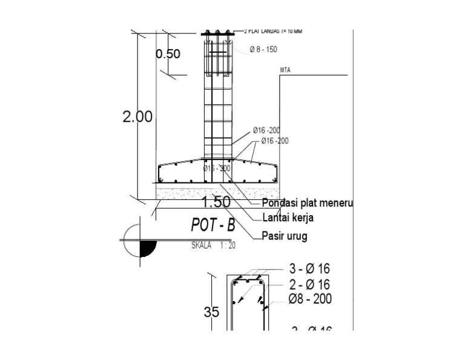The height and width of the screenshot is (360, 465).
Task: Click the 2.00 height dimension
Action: point(137,117)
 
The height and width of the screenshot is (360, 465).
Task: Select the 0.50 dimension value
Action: point(168,54)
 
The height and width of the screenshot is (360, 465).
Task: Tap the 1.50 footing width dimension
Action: point(217,202)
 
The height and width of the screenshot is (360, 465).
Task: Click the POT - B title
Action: point(213,225)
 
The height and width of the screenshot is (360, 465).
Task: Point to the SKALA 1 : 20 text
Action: point(213,245)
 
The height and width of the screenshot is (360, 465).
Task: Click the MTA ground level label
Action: point(285,70)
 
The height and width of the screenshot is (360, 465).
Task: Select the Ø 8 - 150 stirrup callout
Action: point(263,50)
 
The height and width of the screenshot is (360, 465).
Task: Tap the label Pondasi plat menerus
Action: point(308,202)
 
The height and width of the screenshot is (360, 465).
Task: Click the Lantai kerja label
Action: point(289,217)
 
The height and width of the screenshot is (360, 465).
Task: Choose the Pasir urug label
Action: point(284,236)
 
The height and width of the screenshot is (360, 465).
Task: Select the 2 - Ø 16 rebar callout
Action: point(309,284)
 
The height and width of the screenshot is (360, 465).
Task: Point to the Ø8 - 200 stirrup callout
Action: point(310,299)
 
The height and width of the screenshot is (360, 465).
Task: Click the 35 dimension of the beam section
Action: point(211,313)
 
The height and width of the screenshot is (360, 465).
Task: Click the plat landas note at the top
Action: point(272,30)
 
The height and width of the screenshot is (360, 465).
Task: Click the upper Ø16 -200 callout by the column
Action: point(266,130)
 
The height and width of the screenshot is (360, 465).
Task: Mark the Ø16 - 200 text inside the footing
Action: point(217,168)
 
